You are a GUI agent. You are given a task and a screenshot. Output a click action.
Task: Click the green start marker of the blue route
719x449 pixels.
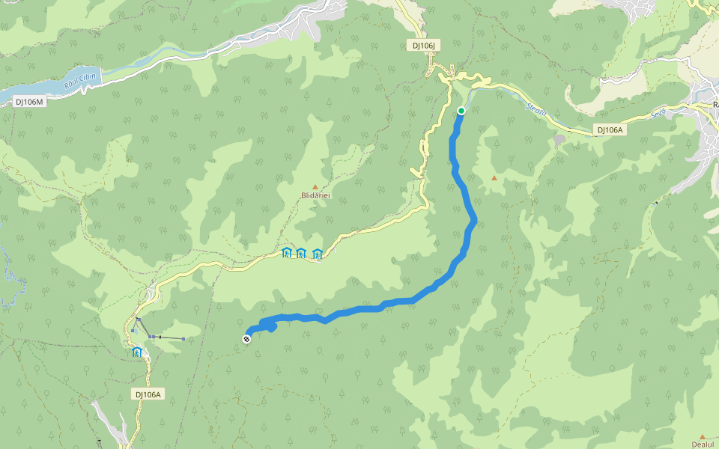pyautogui.click(x=461, y=111)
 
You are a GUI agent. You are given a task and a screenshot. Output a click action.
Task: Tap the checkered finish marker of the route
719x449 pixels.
pyautogui.click(x=246, y=339)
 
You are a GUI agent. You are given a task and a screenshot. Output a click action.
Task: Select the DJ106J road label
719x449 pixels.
pyautogui.click(x=424, y=46)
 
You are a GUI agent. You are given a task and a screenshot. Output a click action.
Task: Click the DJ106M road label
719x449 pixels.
pyautogui.click(x=30, y=101)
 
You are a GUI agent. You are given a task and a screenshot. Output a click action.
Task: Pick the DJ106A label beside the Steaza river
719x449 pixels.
pyautogui.click(x=610, y=129)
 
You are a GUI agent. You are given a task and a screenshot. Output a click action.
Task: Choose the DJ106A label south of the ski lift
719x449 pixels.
pyautogui.click(x=149, y=394)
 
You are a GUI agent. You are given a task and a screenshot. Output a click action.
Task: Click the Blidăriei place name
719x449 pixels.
pyautogui.click(x=315, y=195)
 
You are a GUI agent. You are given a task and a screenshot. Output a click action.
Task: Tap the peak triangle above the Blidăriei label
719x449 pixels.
pyautogui.click(x=315, y=186)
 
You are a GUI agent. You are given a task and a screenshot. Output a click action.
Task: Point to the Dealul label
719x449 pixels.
pyautogui.click(x=703, y=444)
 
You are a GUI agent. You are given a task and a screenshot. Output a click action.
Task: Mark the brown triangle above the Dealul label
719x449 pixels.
pyautogui.click(x=703, y=436)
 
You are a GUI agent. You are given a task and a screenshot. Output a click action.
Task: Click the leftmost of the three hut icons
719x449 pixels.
pyautogui.click(x=286, y=253)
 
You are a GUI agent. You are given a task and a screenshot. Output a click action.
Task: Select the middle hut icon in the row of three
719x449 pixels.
pyautogui.click(x=301, y=253)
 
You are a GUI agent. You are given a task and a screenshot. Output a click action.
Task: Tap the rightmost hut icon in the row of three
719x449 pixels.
pyautogui.click(x=318, y=253)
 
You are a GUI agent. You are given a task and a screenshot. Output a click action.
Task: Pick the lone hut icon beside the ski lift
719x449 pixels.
pyautogui.click(x=137, y=352)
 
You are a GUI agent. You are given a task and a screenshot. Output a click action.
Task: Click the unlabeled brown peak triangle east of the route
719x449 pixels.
pyautogui.click(x=494, y=177)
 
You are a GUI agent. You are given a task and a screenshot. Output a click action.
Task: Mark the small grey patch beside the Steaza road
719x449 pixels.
pyautogui.click(x=560, y=138)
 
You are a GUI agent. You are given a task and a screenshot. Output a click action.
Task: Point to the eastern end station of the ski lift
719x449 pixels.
pyautogui.click(x=183, y=339)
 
